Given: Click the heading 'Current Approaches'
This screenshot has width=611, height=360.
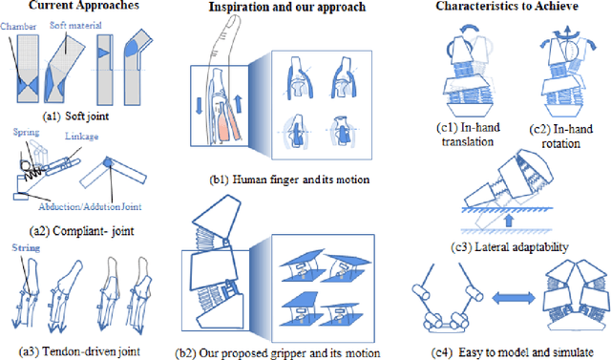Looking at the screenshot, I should [84, 7].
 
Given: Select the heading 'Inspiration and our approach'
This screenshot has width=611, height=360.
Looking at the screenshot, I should [296, 10].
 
